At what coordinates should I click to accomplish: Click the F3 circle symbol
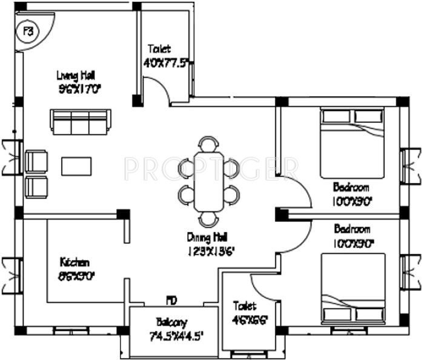[x=27, y=30]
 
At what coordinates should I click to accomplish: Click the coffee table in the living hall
[x=76, y=165]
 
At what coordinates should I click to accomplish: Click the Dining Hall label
[x=207, y=236]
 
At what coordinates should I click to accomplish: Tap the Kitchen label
[x=75, y=262]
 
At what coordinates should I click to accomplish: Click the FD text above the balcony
[x=172, y=300]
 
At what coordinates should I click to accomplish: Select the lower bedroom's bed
[x=352, y=288]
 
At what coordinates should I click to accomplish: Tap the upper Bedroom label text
[x=352, y=187]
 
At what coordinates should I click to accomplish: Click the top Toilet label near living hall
[x=159, y=49]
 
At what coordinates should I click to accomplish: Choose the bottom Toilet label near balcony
[x=245, y=307]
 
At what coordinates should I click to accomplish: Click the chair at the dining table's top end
[x=208, y=144]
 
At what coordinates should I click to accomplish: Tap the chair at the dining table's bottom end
[x=208, y=218]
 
